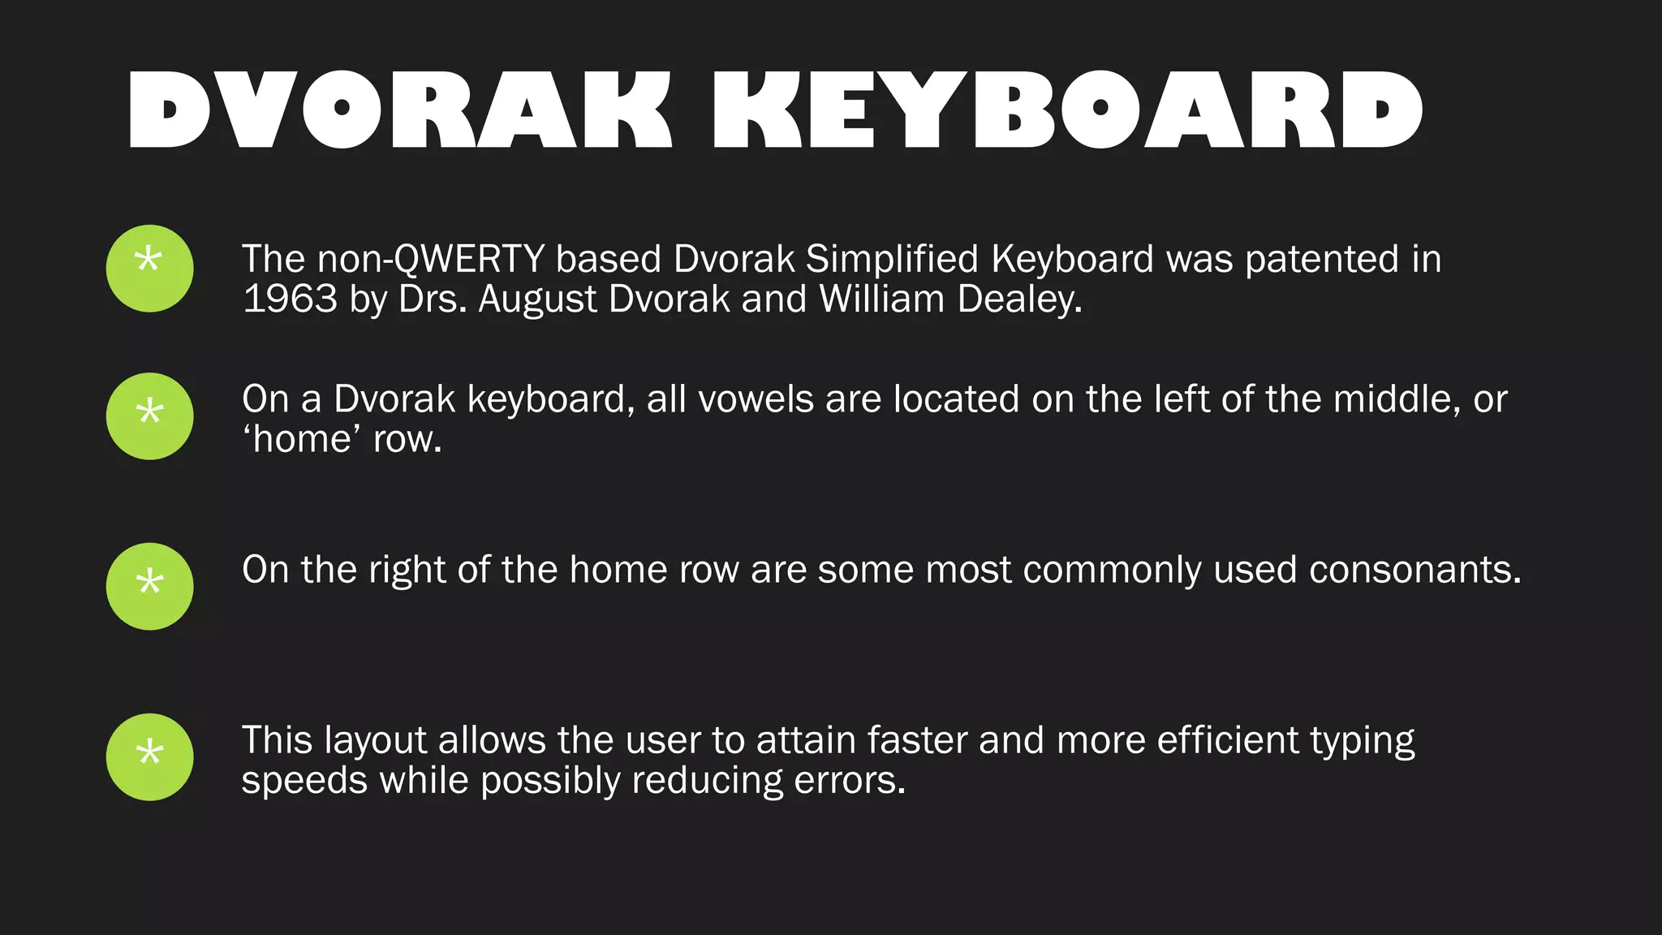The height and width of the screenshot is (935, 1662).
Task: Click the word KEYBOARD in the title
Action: pos(1066,110)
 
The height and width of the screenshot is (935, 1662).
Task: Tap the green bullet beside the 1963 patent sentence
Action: pos(149,269)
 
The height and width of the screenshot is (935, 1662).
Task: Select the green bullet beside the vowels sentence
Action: pos(149,416)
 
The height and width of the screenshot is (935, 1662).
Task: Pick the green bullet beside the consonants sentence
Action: pos(149,586)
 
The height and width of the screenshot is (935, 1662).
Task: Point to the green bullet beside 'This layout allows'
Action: pos(149,756)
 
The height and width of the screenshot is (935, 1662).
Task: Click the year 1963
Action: pos(290,299)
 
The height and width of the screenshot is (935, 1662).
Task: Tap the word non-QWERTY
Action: pos(430,260)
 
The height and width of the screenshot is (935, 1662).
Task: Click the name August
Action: pos(537,300)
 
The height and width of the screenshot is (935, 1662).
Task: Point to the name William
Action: pos(881,299)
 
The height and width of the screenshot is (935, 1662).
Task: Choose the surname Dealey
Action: pos(1018,300)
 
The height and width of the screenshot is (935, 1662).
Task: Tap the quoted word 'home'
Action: pos(302,439)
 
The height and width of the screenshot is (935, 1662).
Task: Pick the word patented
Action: pos(1322,260)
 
